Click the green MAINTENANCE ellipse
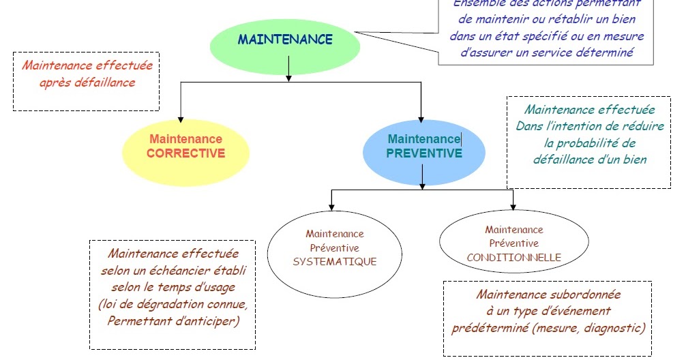(284, 40)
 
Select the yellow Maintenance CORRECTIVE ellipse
(185, 146)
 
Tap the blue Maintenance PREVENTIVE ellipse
(423, 146)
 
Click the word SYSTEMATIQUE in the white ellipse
(334, 261)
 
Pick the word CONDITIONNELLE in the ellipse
(514, 258)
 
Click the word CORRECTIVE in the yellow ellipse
(185, 153)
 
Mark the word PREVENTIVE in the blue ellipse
(423, 153)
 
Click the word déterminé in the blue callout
(603, 52)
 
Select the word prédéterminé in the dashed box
(489, 328)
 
